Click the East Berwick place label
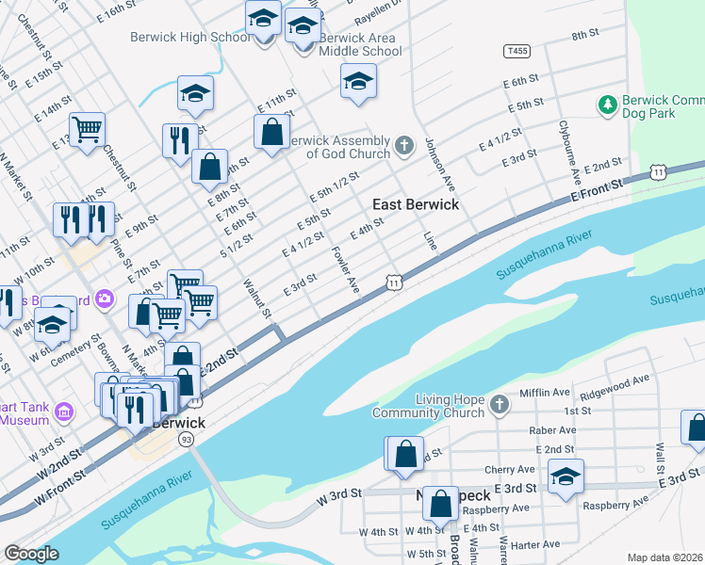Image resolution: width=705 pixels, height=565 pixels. (x=416, y=204)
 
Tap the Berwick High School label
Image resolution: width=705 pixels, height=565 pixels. (x=189, y=37)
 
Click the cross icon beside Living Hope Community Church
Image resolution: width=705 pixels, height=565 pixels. (x=499, y=406)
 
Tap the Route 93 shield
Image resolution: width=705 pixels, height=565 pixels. (x=187, y=440)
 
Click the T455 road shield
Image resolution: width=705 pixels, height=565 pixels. (x=516, y=51)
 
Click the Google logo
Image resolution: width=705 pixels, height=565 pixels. (x=31, y=554)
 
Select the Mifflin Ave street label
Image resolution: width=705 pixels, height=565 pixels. (x=545, y=393)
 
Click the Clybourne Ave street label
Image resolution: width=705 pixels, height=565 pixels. (x=569, y=152)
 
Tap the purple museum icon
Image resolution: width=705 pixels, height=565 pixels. (x=63, y=411)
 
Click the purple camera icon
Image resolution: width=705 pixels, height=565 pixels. (x=105, y=299)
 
